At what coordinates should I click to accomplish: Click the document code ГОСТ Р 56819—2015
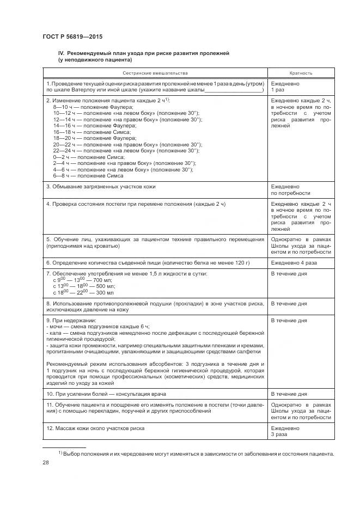point(72,37)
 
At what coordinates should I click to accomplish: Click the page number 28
point(46,462)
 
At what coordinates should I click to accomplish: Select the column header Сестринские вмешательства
point(155,72)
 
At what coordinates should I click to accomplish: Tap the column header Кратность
point(301,72)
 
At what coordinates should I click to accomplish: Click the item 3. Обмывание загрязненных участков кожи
point(101,187)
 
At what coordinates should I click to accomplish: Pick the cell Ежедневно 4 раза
point(294,262)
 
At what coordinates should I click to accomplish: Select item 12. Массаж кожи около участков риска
point(95,428)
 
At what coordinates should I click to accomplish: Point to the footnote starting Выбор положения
point(196,453)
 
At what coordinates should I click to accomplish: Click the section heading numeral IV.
point(62,53)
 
